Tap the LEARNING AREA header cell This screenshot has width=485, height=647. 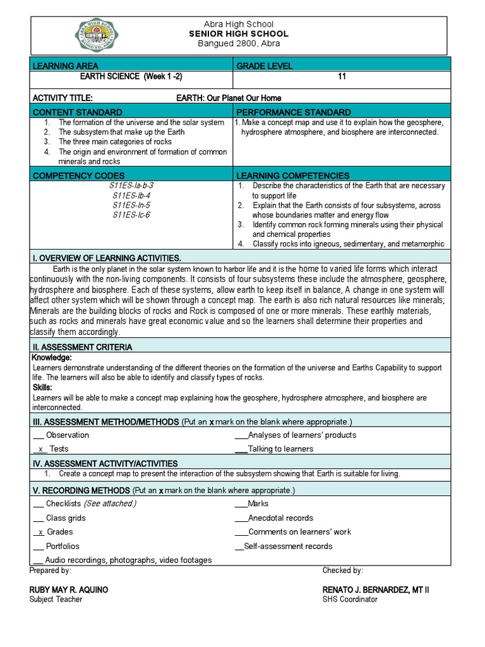[66, 66]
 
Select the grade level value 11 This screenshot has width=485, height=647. [342, 77]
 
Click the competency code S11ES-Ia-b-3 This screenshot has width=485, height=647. [131, 186]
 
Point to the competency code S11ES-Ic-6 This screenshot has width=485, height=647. [131, 215]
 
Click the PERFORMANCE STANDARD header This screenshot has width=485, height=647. [294, 112]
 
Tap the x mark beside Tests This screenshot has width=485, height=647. [40, 449]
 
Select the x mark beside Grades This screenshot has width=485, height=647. [40, 532]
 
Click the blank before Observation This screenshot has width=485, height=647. [37, 435]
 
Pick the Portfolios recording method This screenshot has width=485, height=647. [63, 546]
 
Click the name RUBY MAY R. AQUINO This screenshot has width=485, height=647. [69, 590]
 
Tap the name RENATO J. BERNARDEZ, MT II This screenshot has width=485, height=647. [376, 590]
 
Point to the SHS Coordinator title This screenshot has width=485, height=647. [350, 599]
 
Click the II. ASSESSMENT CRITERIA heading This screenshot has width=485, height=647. [82, 348]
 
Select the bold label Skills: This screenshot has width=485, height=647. [42, 387]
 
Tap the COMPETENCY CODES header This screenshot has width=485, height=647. [78, 175]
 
